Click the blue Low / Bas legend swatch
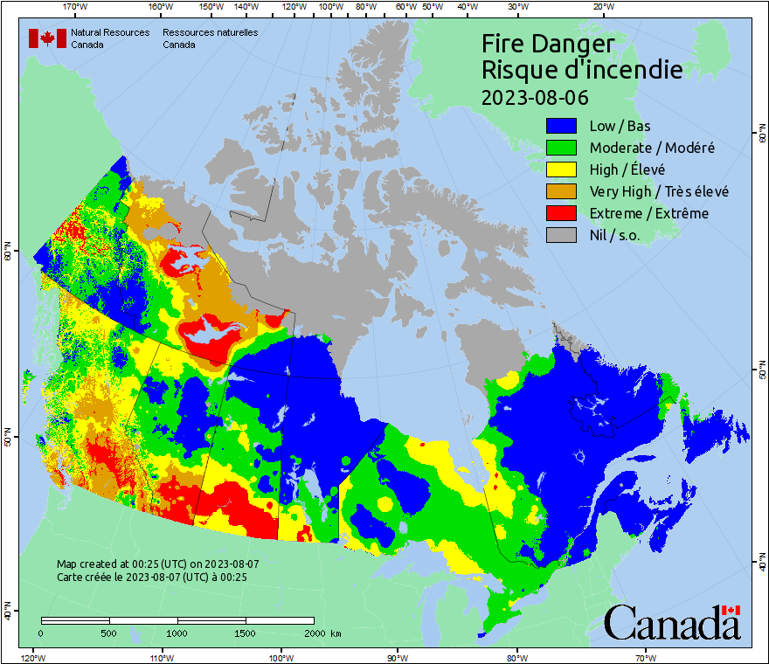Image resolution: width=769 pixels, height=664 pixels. [562, 126]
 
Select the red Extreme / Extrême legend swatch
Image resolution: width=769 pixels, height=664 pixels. [562, 213]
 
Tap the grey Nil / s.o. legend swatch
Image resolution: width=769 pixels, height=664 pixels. [562, 235]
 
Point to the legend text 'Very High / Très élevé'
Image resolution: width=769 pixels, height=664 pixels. [659, 191]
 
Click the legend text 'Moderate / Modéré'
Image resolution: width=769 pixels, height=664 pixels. [652, 148]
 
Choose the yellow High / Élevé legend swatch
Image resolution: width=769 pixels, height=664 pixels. [562, 169]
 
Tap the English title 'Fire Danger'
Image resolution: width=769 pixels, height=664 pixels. [548, 44]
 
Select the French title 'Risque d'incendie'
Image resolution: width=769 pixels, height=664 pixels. [582, 70]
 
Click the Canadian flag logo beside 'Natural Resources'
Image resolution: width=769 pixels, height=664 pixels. [47, 38]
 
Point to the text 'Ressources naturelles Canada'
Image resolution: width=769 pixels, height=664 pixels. [203, 38]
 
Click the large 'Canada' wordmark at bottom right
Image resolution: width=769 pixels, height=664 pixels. [672, 623]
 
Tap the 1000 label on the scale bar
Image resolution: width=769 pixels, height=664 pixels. [177, 633]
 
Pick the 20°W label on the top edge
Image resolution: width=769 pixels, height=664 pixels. [602, 7]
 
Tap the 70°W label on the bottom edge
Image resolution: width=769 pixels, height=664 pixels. [646, 657]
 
